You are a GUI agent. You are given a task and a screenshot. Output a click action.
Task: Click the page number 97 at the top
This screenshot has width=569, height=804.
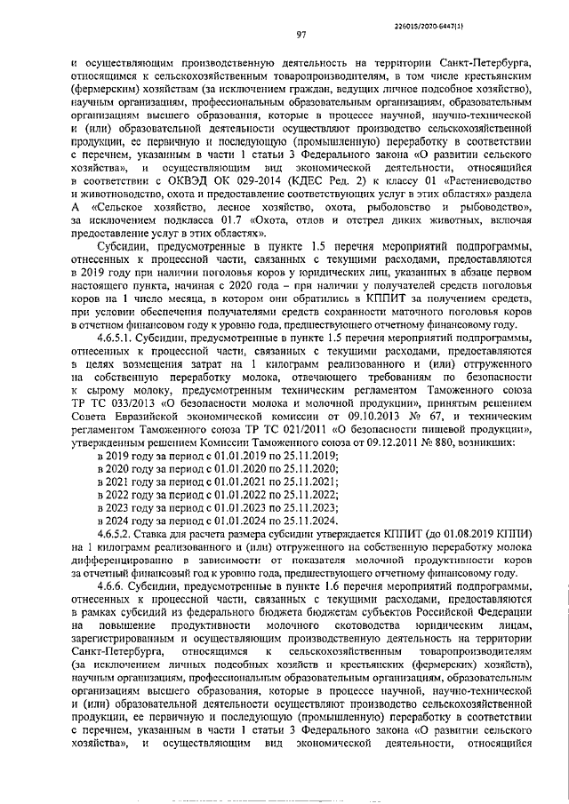(x=301, y=35)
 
